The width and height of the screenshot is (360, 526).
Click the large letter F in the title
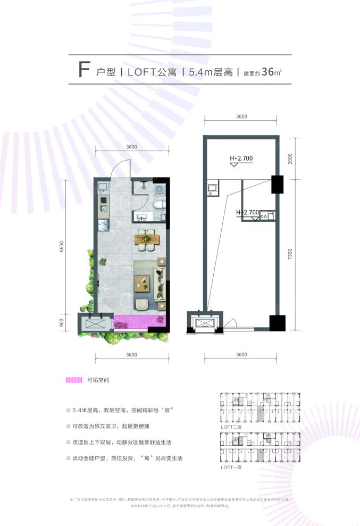(83, 70)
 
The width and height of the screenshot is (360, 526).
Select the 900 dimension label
(62, 322)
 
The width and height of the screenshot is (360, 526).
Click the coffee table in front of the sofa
(143, 282)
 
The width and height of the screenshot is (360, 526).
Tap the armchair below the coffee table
(142, 304)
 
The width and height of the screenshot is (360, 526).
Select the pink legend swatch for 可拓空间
(74, 380)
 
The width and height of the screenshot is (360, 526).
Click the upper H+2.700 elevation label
(241, 158)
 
